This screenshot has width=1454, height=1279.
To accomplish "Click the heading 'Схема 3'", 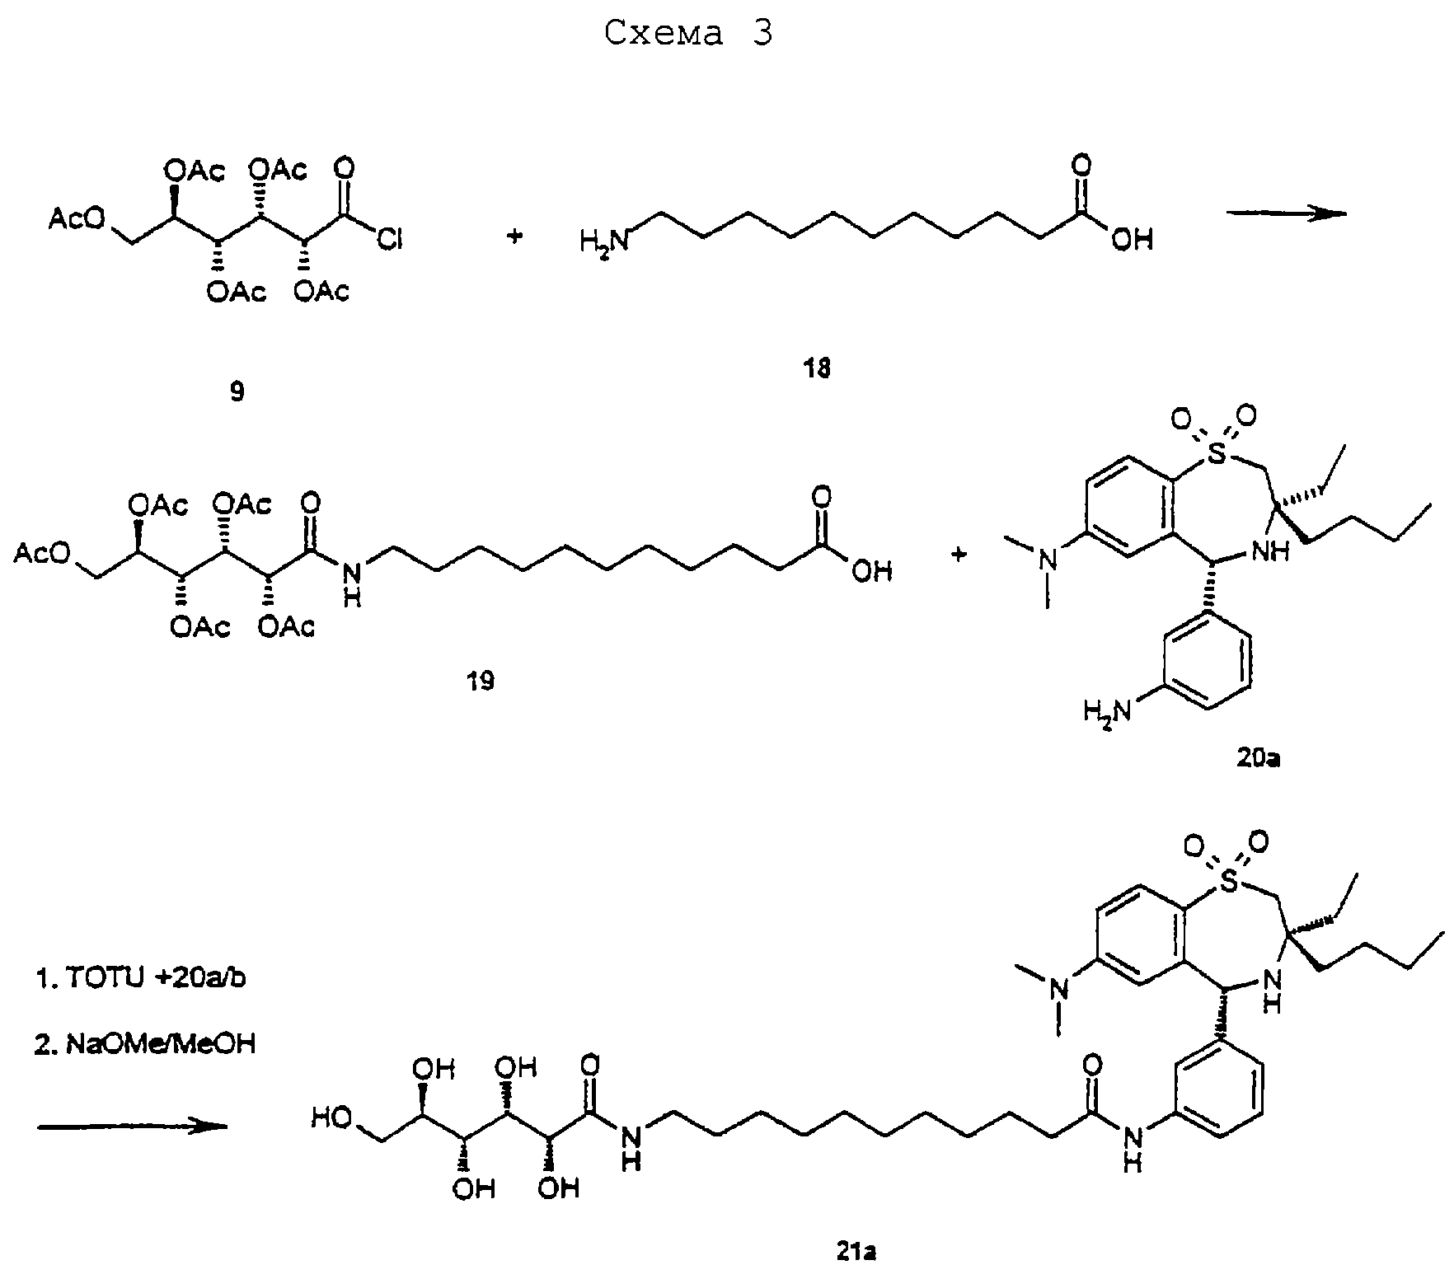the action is click(x=689, y=35).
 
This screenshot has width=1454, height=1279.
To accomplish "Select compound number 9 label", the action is click(x=237, y=391).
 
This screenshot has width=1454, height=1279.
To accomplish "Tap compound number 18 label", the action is click(x=818, y=368).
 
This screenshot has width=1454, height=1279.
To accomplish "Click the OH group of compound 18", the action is click(x=1132, y=240).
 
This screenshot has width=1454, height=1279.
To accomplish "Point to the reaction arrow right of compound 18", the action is click(x=1287, y=213).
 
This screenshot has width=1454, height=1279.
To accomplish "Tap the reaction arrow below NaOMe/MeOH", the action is click(x=132, y=1126).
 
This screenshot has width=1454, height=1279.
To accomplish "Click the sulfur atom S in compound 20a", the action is click(x=1216, y=452).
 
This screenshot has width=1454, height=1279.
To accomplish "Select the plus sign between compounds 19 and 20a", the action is click(x=959, y=555).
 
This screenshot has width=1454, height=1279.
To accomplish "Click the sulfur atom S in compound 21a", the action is click(x=1229, y=883).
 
